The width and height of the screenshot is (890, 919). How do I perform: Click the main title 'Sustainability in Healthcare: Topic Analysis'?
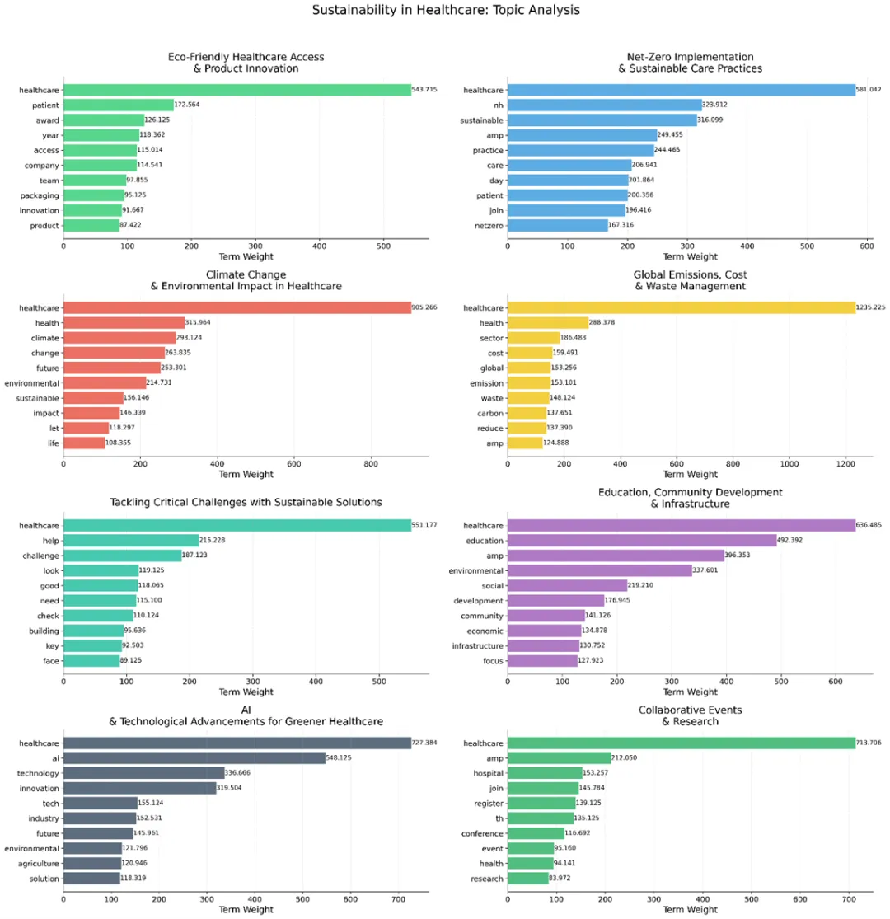445,11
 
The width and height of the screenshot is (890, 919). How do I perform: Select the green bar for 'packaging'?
93,195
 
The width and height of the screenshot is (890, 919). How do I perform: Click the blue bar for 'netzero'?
557,225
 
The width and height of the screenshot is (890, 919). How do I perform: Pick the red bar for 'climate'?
119,338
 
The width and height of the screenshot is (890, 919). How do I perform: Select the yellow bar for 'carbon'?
527,413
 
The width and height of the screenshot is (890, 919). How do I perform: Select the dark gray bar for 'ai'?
194,757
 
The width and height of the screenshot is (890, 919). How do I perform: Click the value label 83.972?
564,879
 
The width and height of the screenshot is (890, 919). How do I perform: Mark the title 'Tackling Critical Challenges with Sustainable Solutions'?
246,503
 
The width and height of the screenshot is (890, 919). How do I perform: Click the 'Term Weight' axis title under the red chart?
246,475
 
